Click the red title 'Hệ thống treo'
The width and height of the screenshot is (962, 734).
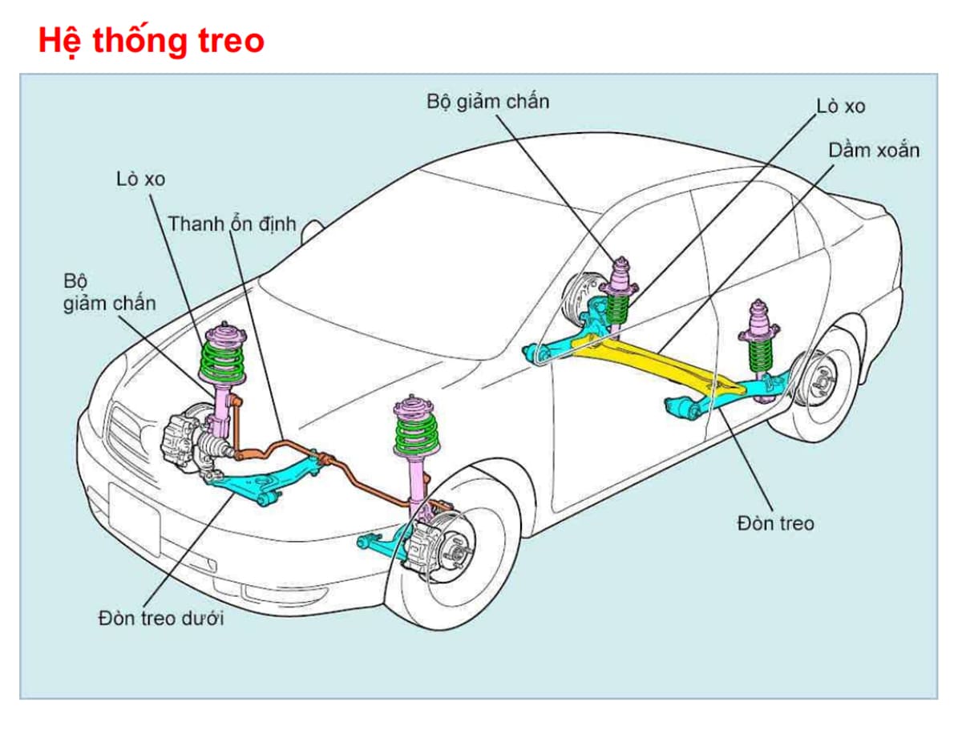coord(151,41)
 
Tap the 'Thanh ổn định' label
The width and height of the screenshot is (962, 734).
coord(232,224)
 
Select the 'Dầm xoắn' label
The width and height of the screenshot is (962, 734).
coord(874,150)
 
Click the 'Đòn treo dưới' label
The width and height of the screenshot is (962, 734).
coord(161,619)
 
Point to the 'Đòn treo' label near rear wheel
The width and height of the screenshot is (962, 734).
coord(774,523)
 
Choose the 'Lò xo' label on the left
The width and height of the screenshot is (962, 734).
coord(140,179)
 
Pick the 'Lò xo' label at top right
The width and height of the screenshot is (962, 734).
coord(840,106)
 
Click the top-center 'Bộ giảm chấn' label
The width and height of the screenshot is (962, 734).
coord(488,102)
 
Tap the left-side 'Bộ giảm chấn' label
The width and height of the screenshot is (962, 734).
coord(109,293)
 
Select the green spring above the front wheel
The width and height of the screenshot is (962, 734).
coord(417,434)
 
